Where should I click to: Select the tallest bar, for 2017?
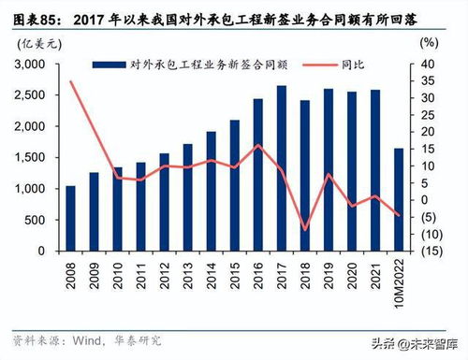(x=281, y=168)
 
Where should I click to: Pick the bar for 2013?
(x=187, y=197)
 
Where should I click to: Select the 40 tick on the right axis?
(x=429, y=64)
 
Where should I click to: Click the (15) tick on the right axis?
(x=429, y=251)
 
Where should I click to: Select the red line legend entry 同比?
(x=342, y=64)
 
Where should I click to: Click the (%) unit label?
(x=429, y=43)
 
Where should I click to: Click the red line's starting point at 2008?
(x=70, y=82)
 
